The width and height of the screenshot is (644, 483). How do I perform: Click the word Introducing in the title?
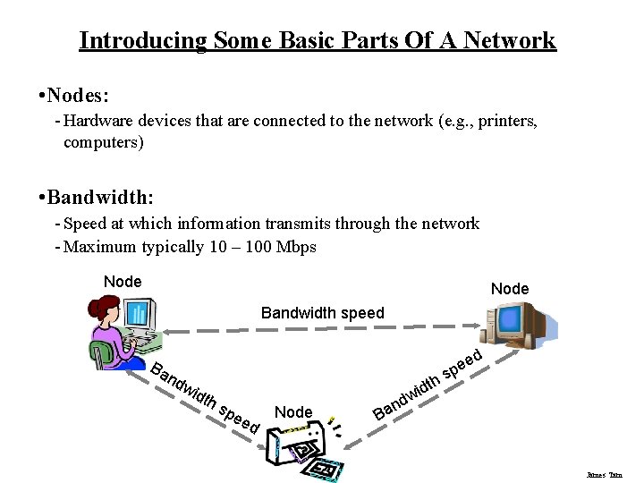point(142,40)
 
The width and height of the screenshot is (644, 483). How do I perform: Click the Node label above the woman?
point(123,282)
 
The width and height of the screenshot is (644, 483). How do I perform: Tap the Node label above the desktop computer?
point(510,289)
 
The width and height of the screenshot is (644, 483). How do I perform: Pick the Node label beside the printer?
point(293,412)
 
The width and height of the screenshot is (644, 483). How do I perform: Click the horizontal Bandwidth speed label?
point(322,313)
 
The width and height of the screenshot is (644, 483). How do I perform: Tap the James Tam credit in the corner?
point(604,475)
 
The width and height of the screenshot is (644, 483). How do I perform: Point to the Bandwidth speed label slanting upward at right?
point(428,386)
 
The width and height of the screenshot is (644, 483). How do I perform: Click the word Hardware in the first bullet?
point(98,122)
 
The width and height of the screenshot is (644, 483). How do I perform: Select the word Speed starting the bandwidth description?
point(86,224)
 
